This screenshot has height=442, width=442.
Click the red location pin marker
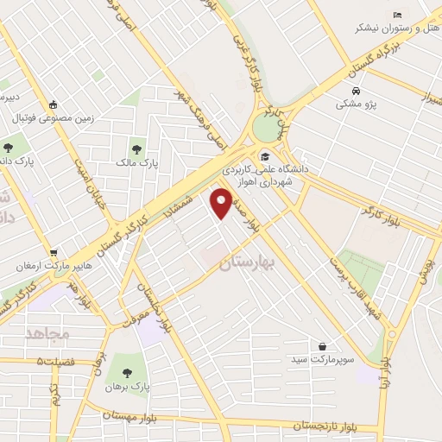click(222, 204)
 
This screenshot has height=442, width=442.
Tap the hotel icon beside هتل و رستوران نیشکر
click(397, 15)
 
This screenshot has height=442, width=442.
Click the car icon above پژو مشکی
click(356, 90)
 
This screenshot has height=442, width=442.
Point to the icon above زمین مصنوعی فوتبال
click(53, 102)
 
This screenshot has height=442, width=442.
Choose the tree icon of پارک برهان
click(127, 373)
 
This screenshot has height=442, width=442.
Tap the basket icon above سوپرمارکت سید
click(323, 345)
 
